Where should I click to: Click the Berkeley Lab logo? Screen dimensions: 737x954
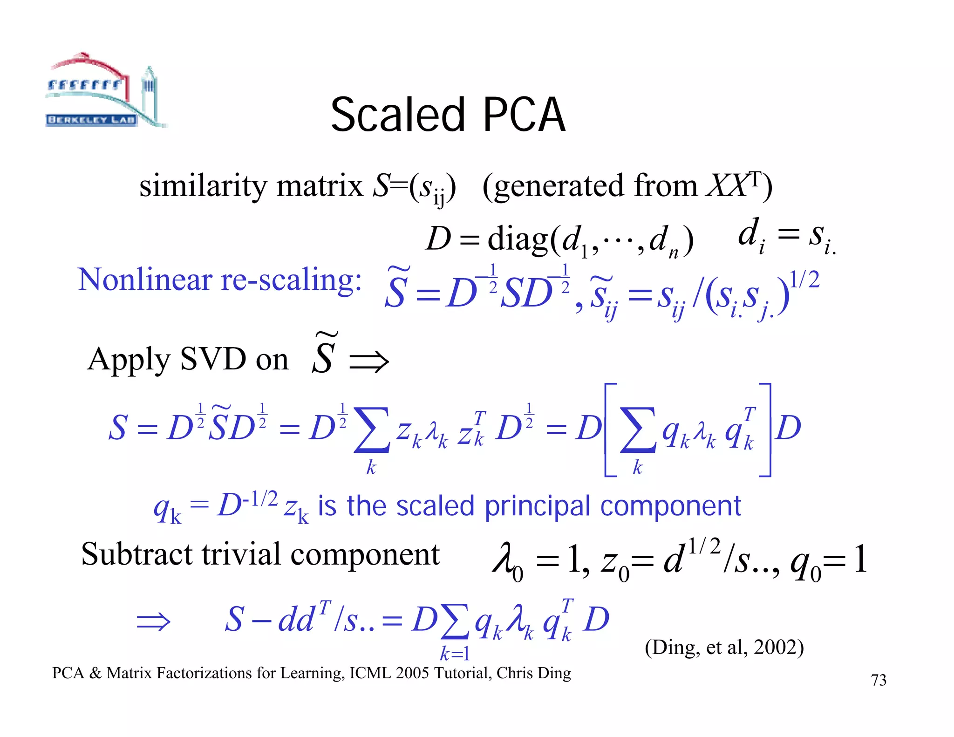[x=105, y=91]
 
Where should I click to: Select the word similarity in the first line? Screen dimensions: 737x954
[x=204, y=186]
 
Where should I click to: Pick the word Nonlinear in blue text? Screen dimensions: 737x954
[x=145, y=280]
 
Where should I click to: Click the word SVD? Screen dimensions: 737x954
[x=213, y=359]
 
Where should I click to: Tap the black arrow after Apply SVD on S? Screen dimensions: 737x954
[x=369, y=362]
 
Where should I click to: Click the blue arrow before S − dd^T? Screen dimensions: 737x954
[x=153, y=621]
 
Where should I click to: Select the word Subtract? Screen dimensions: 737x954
[x=136, y=554]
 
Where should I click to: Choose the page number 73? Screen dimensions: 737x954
[x=879, y=680]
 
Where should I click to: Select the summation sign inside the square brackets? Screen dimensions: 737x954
[x=638, y=430]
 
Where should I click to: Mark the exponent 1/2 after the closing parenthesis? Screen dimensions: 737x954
[x=804, y=280]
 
